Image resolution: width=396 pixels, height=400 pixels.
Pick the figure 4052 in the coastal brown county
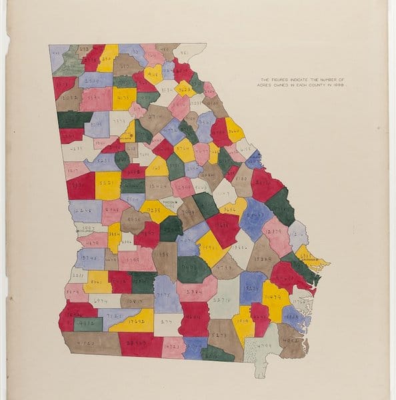[x=291, y=338]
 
